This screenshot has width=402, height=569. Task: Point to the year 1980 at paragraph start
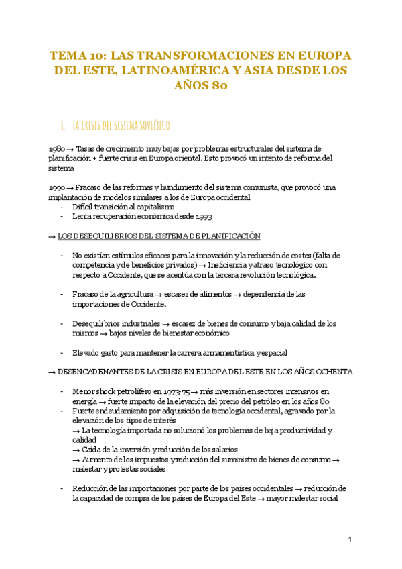(x=57, y=148)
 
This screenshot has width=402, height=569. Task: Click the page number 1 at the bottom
(x=350, y=540)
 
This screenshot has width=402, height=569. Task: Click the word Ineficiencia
(x=232, y=265)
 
